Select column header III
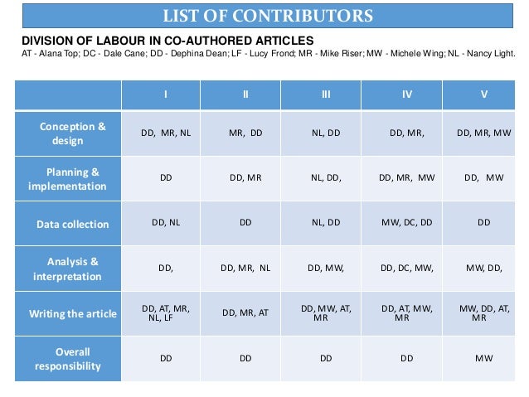click(x=325, y=94)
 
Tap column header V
click(x=484, y=94)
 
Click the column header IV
click(x=406, y=94)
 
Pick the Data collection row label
click(x=72, y=224)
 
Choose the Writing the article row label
click(x=72, y=313)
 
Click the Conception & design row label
click(x=72, y=133)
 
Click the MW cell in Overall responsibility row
click(x=484, y=359)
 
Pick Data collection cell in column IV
click(x=406, y=223)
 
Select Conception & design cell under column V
click(x=484, y=132)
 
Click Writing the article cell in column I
click(x=165, y=312)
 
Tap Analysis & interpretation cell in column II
click(x=245, y=268)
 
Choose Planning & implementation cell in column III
click(x=326, y=177)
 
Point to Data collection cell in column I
click(x=165, y=223)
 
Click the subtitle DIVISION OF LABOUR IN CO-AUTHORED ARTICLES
click(x=167, y=41)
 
